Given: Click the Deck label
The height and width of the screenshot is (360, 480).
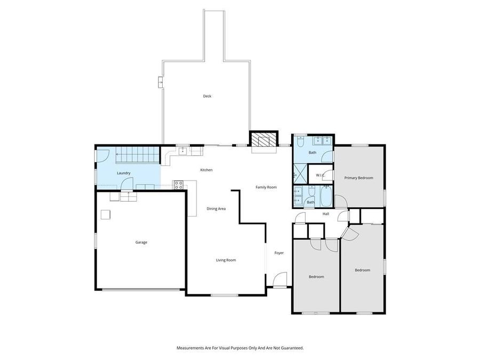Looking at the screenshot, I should pyautogui.click(x=207, y=97).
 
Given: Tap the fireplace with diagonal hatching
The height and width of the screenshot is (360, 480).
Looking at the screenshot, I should pyautogui.click(x=264, y=140).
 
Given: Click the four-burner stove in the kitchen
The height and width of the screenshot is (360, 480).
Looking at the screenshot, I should pyautogui.click(x=179, y=185).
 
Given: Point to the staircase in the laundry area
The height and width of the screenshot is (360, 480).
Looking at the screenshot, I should pyautogui.click(x=138, y=156).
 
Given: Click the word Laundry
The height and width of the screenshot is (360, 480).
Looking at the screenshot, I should pyautogui.click(x=124, y=173).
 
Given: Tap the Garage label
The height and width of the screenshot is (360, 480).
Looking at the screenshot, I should pyautogui.click(x=141, y=242).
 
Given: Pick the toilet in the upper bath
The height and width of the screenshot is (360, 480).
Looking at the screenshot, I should pyautogui.click(x=301, y=142).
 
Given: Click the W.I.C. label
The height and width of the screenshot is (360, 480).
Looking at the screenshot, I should pyautogui.click(x=321, y=175).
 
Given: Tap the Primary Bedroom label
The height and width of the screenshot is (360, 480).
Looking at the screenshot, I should pyautogui.click(x=358, y=178).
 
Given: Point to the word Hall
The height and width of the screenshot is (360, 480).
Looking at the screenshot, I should pyautogui.click(x=325, y=214).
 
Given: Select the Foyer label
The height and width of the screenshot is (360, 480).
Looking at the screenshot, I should pyautogui.click(x=279, y=253).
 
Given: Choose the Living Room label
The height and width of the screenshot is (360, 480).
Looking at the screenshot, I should pyautogui.click(x=226, y=260).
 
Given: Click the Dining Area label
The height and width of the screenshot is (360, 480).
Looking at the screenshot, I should pyautogui.click(x=216, y=209).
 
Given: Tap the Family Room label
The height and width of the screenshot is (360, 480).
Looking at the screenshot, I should pyautogui.click(x=266, y=187).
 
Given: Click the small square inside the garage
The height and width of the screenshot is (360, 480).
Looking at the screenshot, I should pyautogui.click(x=106, y=214).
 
